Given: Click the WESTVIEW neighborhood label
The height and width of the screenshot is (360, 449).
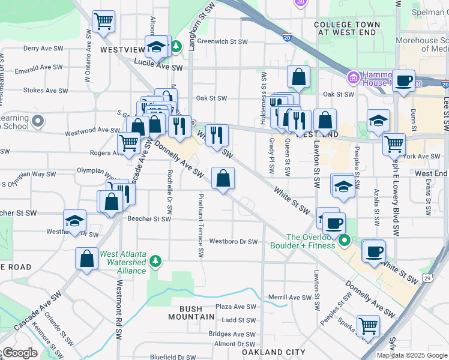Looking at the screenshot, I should [122, 50].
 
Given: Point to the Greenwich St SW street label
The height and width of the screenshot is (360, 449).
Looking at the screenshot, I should [222, 42].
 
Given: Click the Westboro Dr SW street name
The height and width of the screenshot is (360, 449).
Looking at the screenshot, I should [233, 242].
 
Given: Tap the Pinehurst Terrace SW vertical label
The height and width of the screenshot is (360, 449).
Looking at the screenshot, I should [200, 218].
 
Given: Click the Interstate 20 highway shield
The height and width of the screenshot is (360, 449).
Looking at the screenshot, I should [288, 37].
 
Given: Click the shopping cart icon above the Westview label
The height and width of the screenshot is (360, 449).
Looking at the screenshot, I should [104, 22].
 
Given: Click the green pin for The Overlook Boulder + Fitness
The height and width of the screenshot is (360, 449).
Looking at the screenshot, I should [344, 241].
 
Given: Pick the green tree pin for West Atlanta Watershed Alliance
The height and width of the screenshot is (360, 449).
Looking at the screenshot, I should [155, 260].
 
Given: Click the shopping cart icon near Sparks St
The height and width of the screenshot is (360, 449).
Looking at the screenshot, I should [368, 326].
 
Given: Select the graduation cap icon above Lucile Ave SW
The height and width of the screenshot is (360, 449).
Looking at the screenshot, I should [157, 47].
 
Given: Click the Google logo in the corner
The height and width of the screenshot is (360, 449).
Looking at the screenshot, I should [19, 353].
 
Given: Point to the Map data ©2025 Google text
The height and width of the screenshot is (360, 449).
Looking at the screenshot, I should [412, 355].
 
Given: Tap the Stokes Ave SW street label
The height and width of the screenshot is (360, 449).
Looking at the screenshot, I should [46, 91].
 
